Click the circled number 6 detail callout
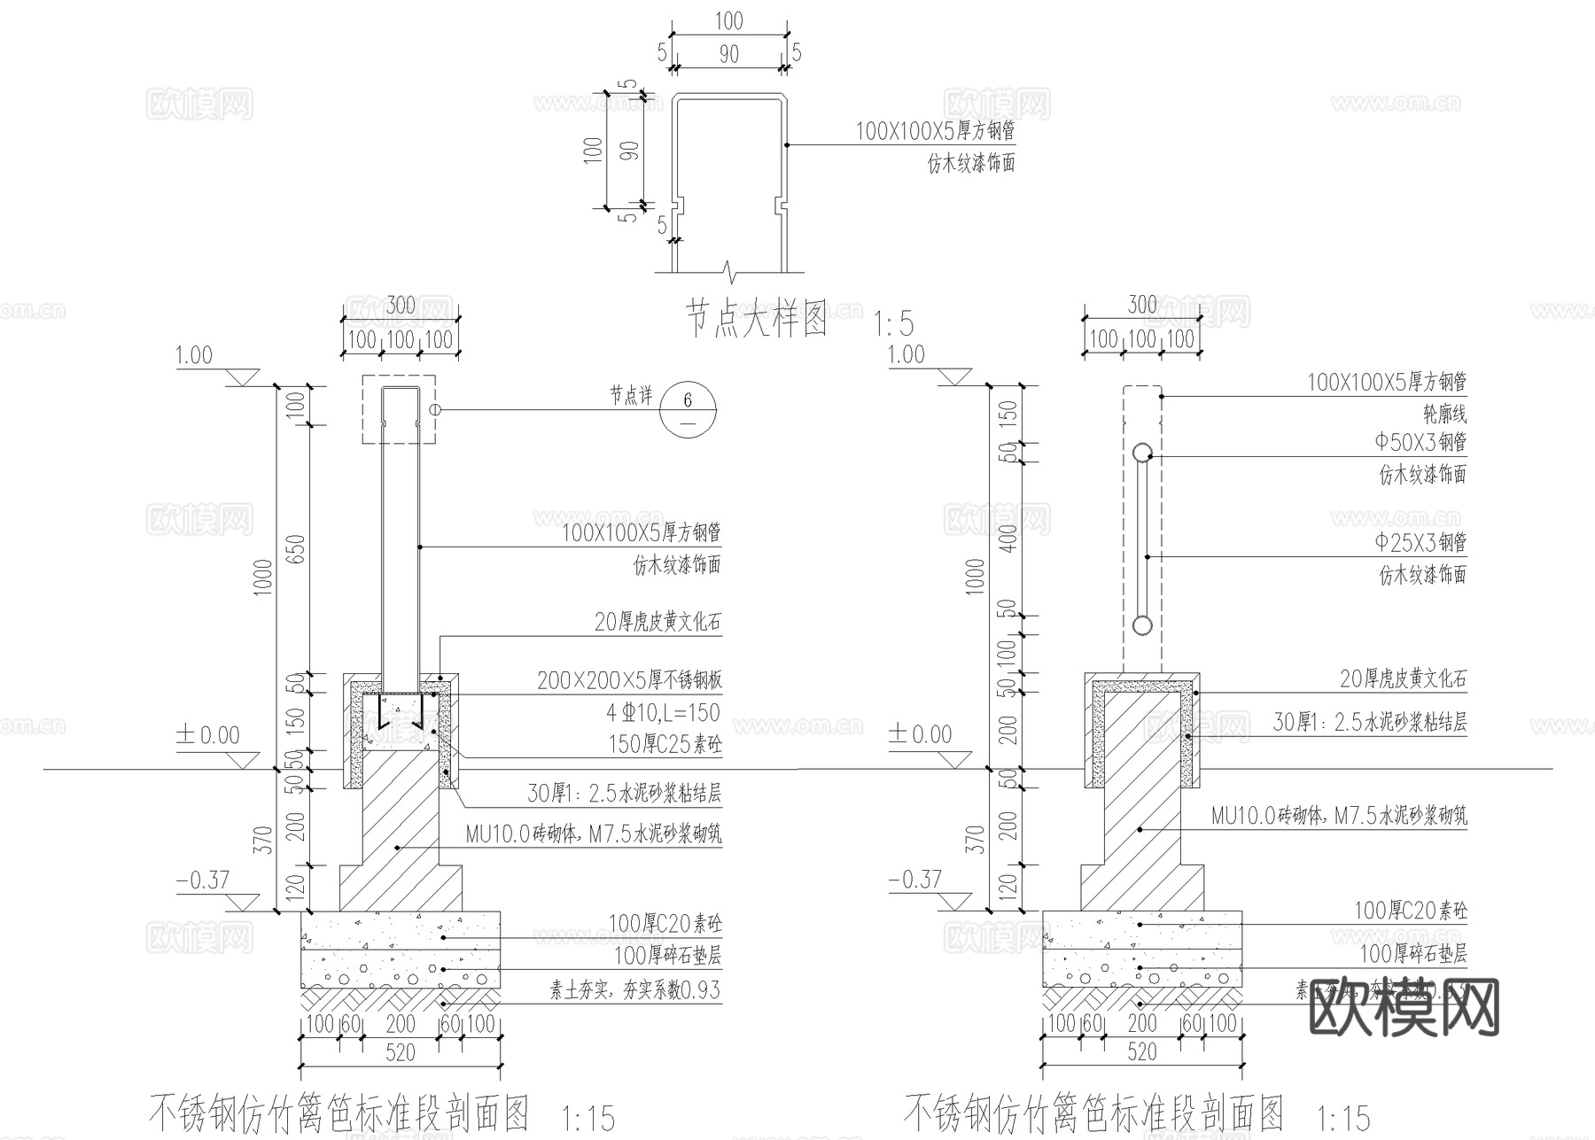click(x=689, y=409)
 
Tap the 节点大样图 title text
click(x=757, y=319)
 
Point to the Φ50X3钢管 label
click(x=1420, y=441)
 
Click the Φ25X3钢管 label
click(x=1420, y=541)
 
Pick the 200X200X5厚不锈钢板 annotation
click(x=629, y=680)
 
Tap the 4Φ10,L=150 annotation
click(x=664, y=713)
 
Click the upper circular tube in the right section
click(x=1142, y=454)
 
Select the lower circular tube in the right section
click(x=1142, y=625)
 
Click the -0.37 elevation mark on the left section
click(x=203, y=880)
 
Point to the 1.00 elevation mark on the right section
click(x=906, y=355)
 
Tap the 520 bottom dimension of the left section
click(x=401, y=1052)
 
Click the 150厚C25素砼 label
click(x=665, y=744)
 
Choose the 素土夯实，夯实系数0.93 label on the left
click(x=635, y=989)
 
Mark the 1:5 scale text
click(x=893, y=323)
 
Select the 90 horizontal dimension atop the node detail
click(x=728, y=55)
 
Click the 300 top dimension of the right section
click(x=1142, y=306)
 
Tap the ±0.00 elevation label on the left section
click(x=208, y=735)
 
